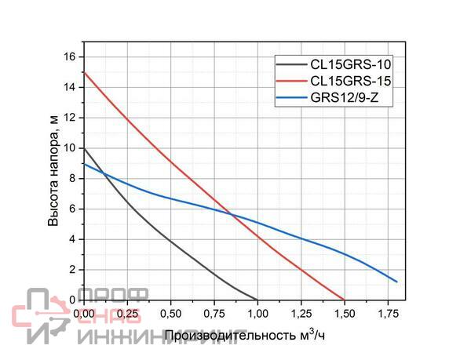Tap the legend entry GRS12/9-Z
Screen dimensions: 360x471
(346, 98)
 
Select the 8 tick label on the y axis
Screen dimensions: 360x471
(72, 178)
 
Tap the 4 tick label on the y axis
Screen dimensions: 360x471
(72, 239)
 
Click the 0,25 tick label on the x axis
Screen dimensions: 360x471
(128, 313)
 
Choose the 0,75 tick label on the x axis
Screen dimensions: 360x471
(214, 313)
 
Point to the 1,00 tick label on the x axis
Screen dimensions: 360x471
(257, 313)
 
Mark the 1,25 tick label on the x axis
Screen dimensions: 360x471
(301, 313)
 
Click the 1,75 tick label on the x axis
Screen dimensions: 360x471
(387, 313)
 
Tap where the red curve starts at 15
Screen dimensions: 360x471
(83, 72)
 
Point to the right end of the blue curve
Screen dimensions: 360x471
(397, 282)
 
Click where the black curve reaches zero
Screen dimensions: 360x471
(257, 300)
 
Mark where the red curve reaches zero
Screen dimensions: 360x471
(344, 300)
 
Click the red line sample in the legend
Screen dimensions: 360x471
(291, 81)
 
